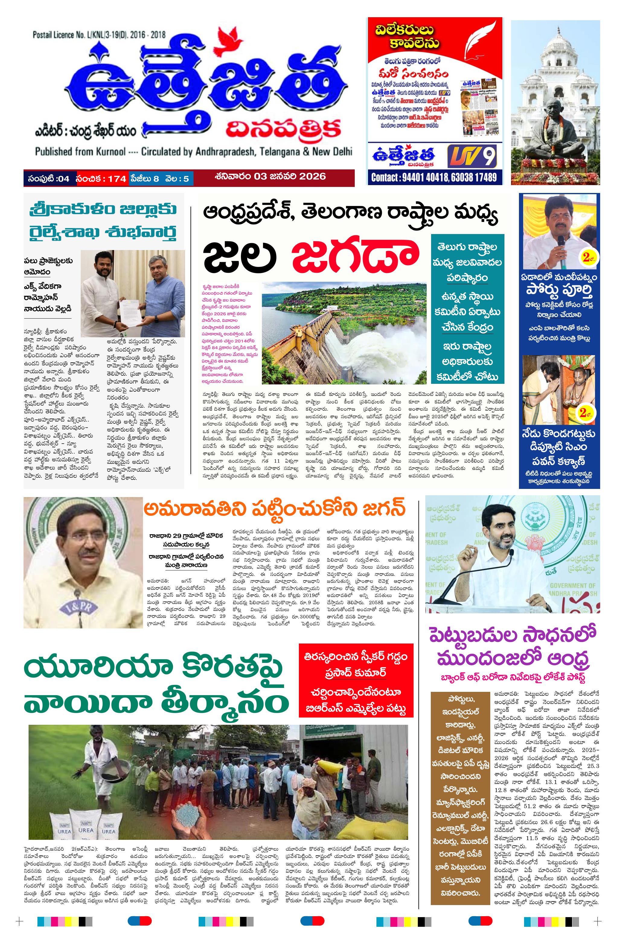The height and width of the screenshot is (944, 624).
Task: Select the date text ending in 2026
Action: tap(269, 176)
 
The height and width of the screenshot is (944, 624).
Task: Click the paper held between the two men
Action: tap(132, 307)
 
